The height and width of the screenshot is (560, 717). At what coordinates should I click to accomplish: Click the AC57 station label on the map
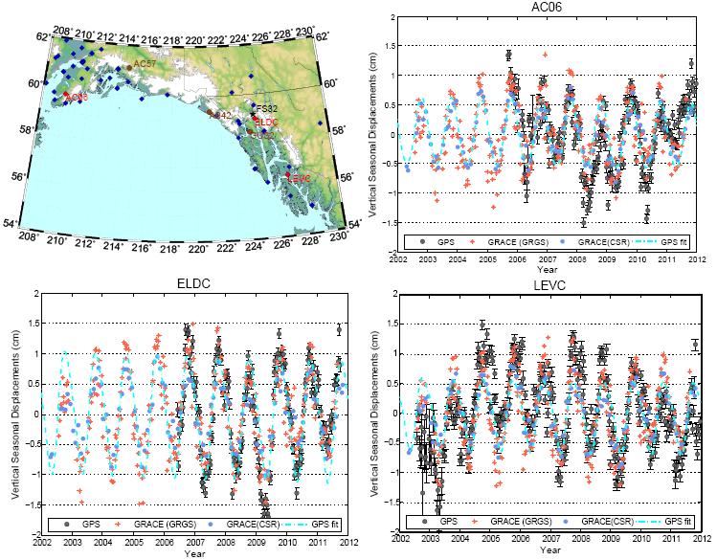click(144, 63)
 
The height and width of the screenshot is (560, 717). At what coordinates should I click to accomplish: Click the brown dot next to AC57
click(128, 68)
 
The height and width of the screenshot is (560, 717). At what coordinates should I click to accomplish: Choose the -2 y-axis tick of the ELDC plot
click(34, 533)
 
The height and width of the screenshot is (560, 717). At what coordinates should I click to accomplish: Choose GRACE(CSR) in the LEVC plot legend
click(604, 522)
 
